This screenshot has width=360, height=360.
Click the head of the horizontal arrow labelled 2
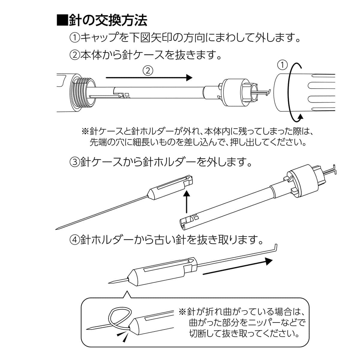[x=188, y=78]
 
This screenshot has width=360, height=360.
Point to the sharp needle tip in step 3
[x=57, y=229]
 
